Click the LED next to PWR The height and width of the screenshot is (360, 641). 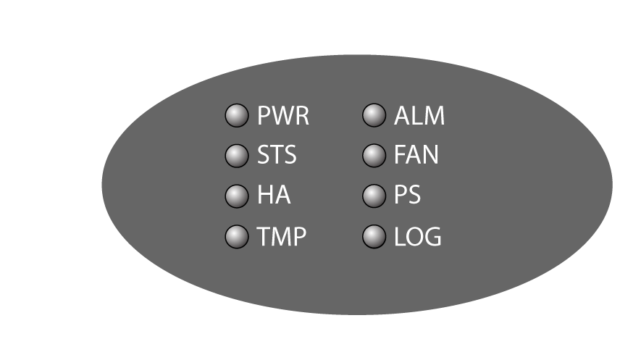click(237, 116)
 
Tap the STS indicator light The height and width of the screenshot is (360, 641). click(237, 156)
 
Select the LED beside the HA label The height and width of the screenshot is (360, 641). click(237, 196)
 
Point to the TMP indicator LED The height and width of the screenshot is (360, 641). click(237, 237)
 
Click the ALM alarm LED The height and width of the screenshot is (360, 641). click(374, 116)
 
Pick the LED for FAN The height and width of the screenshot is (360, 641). click(374, 156)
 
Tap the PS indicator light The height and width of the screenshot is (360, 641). click(374, 196)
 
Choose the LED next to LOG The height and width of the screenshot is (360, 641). click(374, 237)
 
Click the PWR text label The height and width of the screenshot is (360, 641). click(283, 116)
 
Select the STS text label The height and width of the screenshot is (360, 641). click(277, 156)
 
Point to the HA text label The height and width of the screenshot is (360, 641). click(274, 196)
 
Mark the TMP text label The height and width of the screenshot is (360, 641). click(282, 237)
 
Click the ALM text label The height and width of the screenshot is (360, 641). click(419, 116)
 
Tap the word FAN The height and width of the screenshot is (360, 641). click(416, 156)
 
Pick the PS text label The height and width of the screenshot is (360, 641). click(407, 196)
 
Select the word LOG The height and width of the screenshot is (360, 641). click(418, 237)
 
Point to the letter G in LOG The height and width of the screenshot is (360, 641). click(432, 237)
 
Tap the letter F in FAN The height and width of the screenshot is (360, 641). click(400, 156)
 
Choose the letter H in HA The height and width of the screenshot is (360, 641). click(265, 196)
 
